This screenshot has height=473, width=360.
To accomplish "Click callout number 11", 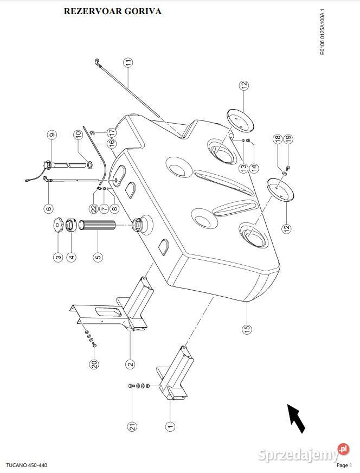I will (x=127, y=63).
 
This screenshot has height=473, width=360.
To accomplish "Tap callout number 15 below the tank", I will (x=247, y=329).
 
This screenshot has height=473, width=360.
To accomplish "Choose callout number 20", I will (x=94, y=365).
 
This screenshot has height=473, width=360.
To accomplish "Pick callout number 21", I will (x=132, y=427).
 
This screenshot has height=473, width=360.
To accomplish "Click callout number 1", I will (x=170, y=426).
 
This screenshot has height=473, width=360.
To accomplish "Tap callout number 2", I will (x=130, y=365).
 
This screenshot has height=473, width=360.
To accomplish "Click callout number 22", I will (x=93, y=208).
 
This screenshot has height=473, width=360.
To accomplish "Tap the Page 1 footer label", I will (x=344, y=465).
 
